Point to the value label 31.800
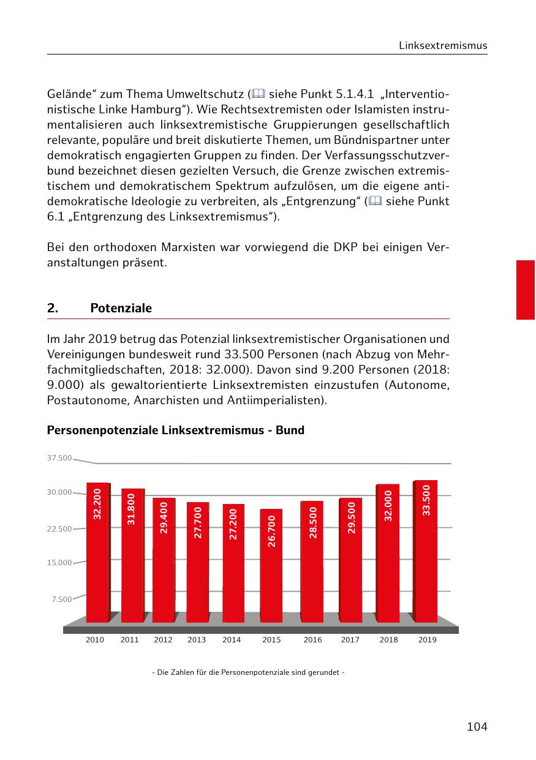tap(131, 510)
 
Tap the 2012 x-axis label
tap(163, 640)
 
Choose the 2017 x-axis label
tap(350, 640)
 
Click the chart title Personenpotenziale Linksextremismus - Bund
tap(175, 431)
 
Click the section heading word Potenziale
tap(121, 309)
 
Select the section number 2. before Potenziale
tap(53, 309)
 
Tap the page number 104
tap(477, 727)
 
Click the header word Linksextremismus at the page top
tap(443, 46)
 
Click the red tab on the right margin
tap(526, 290)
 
